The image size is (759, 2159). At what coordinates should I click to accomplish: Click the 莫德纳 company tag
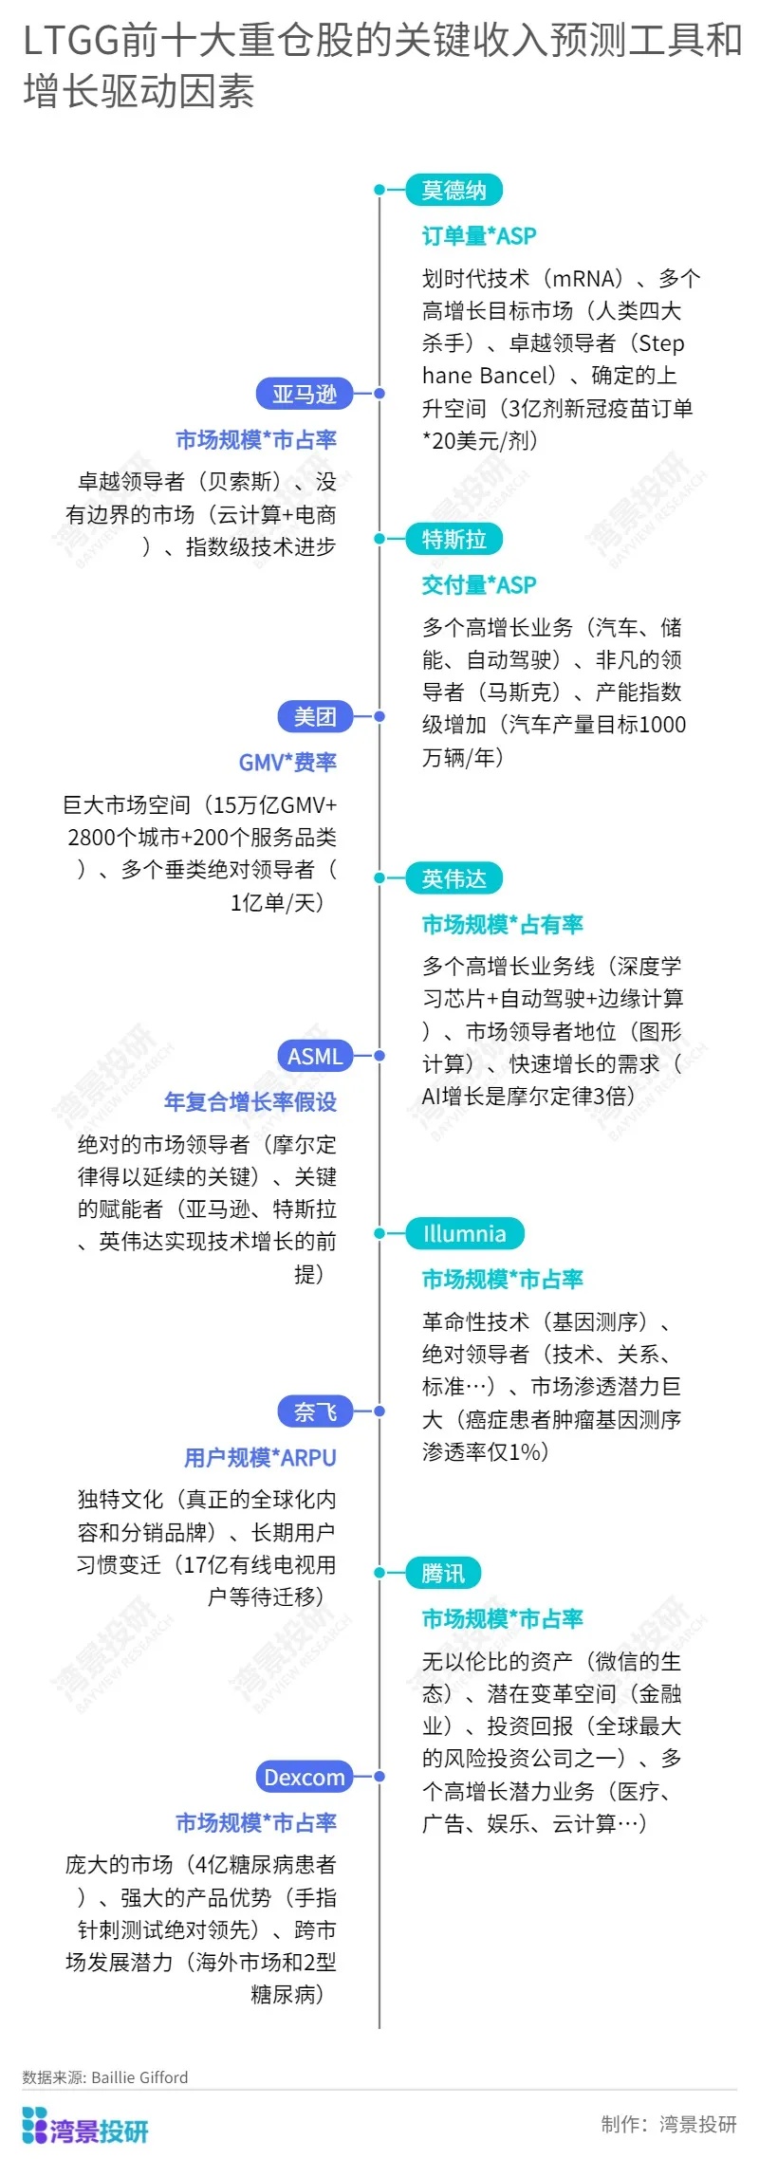coord(454,190)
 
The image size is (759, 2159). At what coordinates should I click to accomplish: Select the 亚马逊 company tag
coord(305,394)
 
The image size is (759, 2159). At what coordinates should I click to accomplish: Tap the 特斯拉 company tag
coord(454,539)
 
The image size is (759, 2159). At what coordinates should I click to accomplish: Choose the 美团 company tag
coord(315,716)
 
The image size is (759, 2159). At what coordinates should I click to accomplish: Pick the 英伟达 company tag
coord(454,878)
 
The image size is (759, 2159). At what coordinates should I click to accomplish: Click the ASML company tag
coord(315,1056)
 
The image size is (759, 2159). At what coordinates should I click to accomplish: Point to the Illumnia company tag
coord(465,1233)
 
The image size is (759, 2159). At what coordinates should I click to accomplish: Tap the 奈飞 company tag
coord(315,1412)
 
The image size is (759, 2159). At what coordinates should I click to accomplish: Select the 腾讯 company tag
coord(443,1573)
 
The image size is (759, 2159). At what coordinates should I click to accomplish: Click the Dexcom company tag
coord(305,1777)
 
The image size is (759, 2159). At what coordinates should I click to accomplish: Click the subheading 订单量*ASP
coord(479,235)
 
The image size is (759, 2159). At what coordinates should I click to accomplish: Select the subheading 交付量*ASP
coord(479,584)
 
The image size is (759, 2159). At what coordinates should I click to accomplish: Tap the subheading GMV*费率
coord(287,762)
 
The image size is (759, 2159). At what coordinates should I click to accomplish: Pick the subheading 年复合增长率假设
coord(250,1101)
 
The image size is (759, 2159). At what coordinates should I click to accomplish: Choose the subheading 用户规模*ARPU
coord(260,1457)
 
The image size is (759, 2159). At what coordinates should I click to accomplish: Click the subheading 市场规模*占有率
coord(503,924)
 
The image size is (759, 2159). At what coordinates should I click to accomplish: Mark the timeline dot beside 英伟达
coord(379,878)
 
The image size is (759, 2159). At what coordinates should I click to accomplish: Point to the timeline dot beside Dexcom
coord(379,1777)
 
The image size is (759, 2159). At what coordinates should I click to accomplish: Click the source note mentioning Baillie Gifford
coord(105,2077)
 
